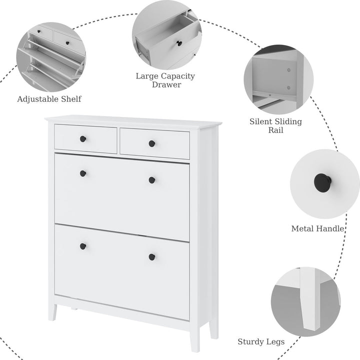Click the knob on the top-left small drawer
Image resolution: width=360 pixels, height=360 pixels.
(x=83, y=138)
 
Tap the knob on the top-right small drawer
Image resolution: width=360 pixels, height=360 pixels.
(x=151, y=143)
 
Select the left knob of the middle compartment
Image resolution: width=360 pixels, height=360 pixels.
(x=83, y=173)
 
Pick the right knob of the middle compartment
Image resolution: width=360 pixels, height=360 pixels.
(x=151, y=180)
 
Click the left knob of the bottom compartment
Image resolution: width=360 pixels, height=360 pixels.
(x=83, y=246)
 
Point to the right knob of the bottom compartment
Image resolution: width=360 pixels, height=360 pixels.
(x=151, y=257)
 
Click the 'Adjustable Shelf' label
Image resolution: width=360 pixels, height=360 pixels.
(x=49, y=99)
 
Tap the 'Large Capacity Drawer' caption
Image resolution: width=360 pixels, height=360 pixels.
(x=165, y=80)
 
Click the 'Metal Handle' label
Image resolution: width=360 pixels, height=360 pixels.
(x=318, y=228)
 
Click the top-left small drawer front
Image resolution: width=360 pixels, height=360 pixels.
(x=85, y=138)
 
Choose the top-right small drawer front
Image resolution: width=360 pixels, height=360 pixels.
(x=154, y=144)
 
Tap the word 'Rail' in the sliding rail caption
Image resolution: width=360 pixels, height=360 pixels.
(x=275, y=130)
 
